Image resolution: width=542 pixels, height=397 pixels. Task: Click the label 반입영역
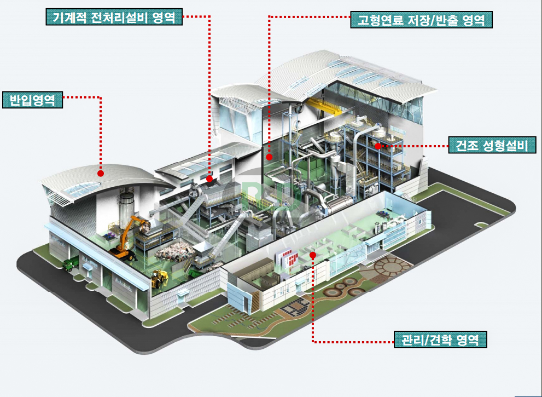coord(32,100)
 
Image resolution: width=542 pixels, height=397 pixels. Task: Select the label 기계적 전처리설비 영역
coord(114,16)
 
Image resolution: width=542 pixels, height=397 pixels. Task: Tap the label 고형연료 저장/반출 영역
coord(421,20)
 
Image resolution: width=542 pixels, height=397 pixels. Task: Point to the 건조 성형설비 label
coord(492,145)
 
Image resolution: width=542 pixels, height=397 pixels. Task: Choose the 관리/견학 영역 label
coord(440,339)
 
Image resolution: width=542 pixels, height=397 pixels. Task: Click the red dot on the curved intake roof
coord(101,174)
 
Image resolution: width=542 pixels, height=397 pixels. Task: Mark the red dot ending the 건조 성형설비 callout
coord(378,146)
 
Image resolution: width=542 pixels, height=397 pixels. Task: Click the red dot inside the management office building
coord(313,255)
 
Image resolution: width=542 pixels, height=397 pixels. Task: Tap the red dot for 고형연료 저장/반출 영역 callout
coord(269,157)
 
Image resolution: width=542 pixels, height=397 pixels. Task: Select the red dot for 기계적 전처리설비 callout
coord(209,179)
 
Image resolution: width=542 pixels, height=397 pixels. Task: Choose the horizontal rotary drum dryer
coord(341,204)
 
